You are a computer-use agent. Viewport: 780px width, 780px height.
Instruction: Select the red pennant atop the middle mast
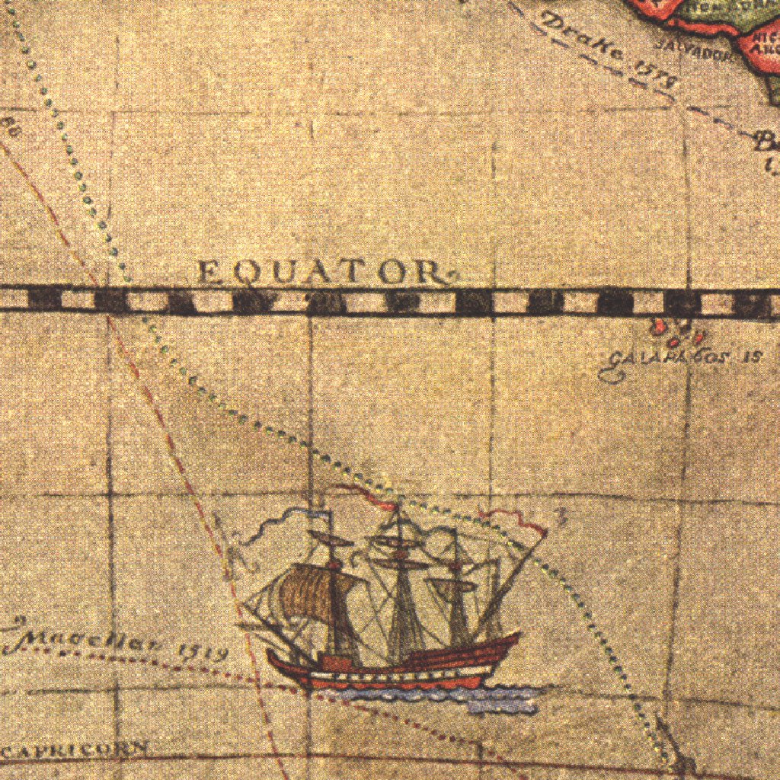(x=366, y=494)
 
